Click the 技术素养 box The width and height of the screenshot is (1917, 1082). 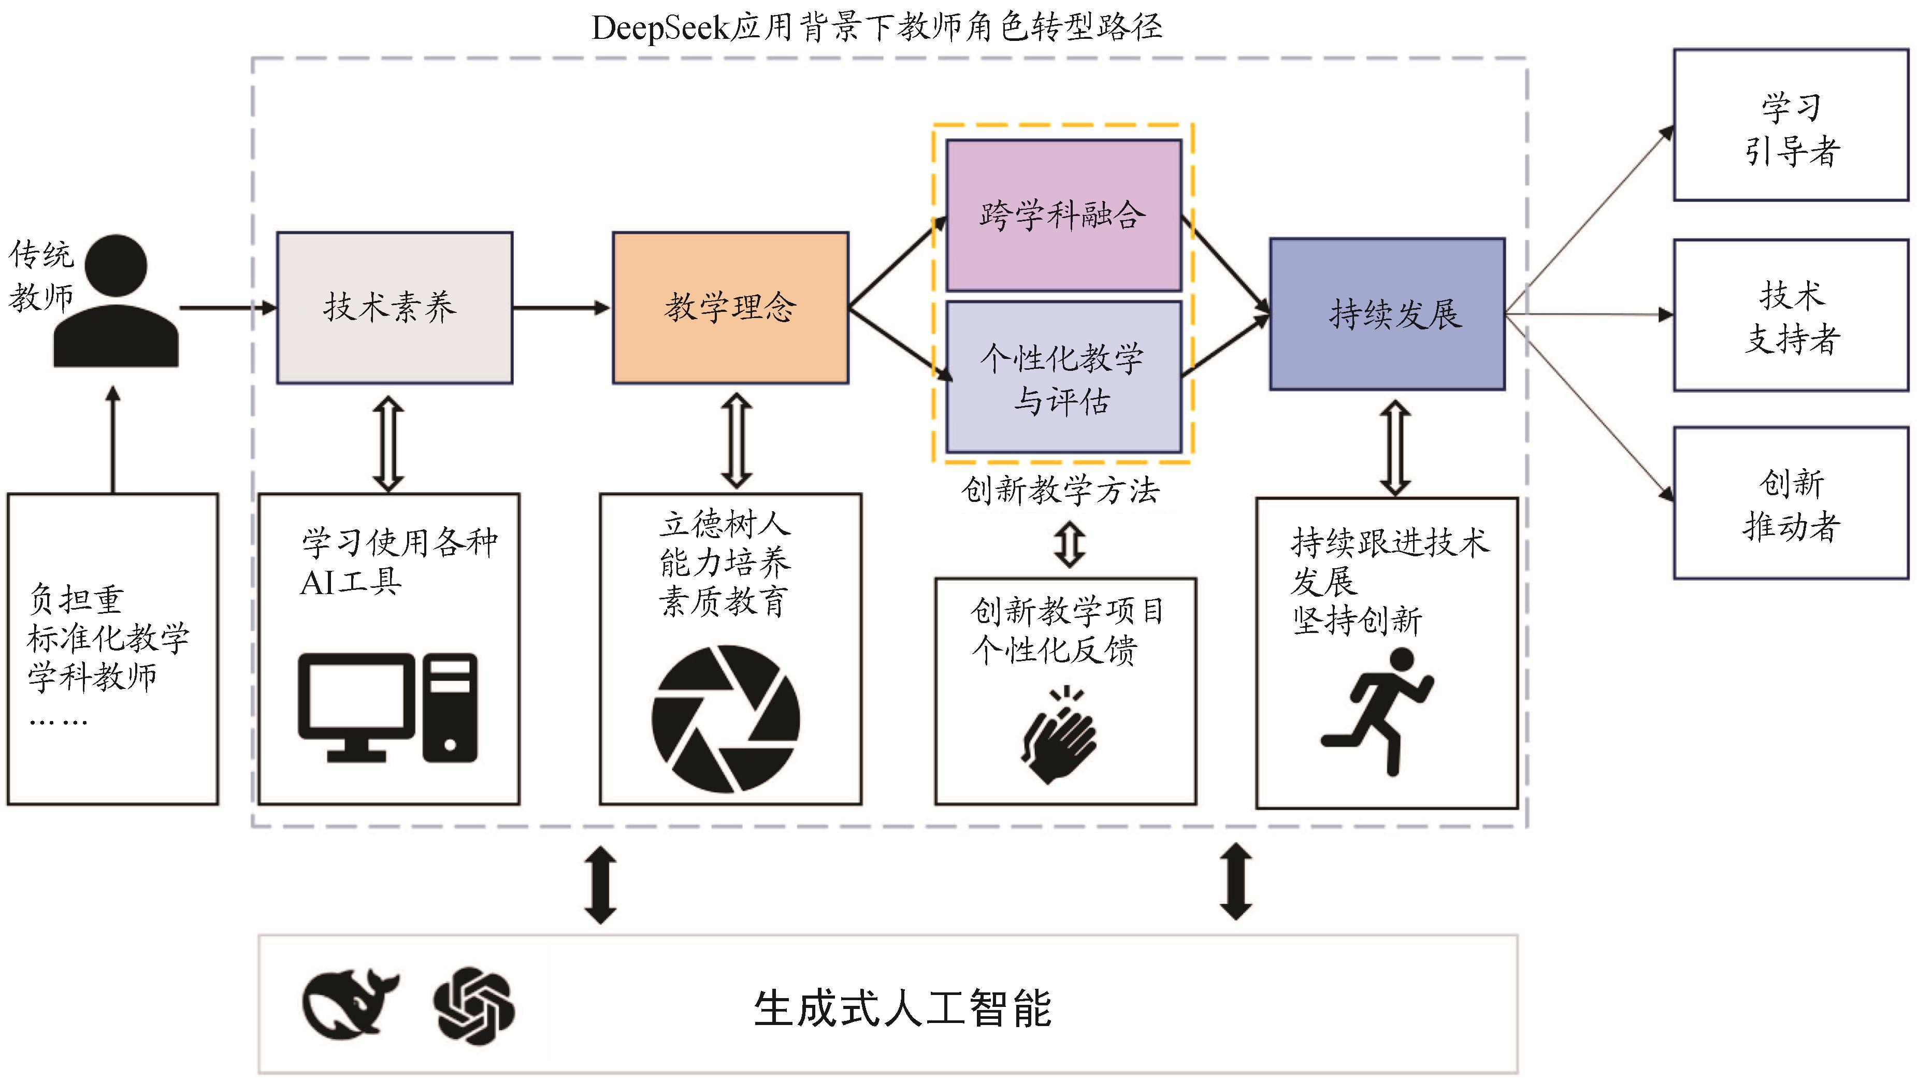(x=394, y=307)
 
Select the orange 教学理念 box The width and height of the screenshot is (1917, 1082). (x=730, y=307)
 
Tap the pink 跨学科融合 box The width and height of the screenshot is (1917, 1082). (x=1063, y=215)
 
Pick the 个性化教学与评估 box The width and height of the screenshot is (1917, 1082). (x=1063, y=377)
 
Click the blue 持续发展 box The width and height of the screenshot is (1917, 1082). (x=1387, y=313)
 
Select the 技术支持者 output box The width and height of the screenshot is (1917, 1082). (x=1791, y=315)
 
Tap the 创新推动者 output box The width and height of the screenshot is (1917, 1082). (x=1791, y=503)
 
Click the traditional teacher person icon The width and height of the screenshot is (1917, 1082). (x=116, y=301)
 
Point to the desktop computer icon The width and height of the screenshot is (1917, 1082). (x=387, y=708)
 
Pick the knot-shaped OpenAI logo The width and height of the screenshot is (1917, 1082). (x=474, y=1005)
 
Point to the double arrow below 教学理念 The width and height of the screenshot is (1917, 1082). (x=736, y=441)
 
